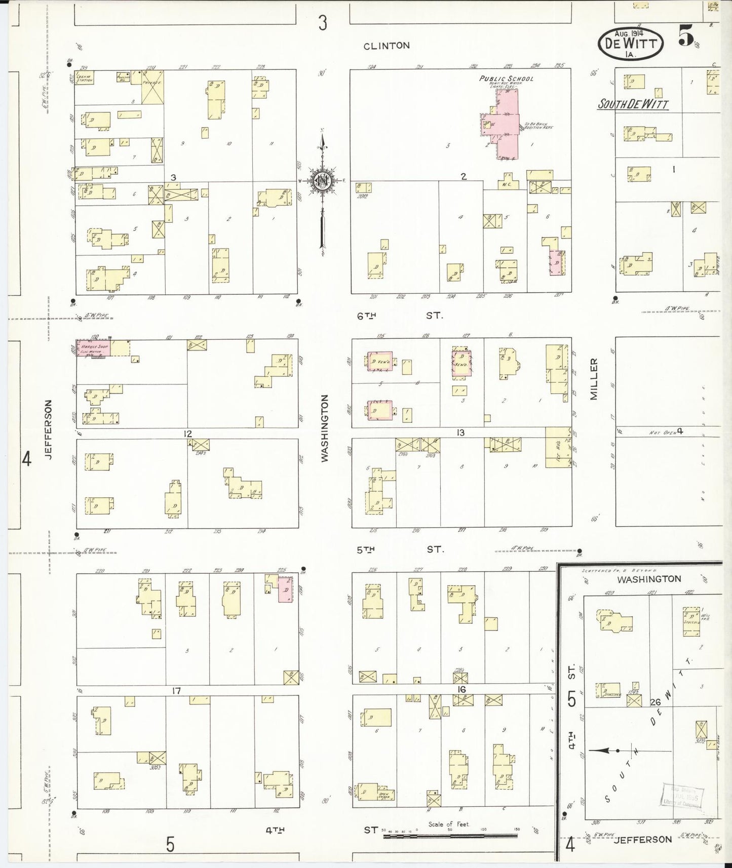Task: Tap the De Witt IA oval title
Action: pos(630,44)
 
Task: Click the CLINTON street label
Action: pos(386,46)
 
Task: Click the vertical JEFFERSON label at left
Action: pos(49,429)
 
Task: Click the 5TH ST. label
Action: pos(400,549)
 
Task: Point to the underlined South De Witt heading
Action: pos(633,105)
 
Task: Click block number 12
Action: pos(188,433)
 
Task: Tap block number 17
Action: pos(176,691)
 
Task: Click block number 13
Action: pos(460,433)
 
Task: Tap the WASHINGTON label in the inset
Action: pos(649,579)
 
